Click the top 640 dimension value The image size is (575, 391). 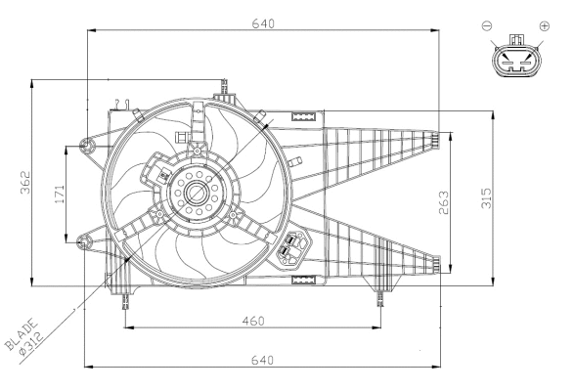click(x=262, y=22)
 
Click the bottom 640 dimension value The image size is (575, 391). click(x=262, y=361)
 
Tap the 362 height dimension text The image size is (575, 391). click(x=27, y=183)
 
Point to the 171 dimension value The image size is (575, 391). click(x=60, y=193)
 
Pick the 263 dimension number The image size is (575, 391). click(x=443, y=199)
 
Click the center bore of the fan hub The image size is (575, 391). click(x=197, y=192)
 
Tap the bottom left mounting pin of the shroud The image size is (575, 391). click(x=124, y=300)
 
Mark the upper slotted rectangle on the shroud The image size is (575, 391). click(x=306, y=117)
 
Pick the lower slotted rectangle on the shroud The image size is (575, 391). click(x=306, y=281)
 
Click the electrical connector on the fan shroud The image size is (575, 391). click(x=289, y=250)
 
